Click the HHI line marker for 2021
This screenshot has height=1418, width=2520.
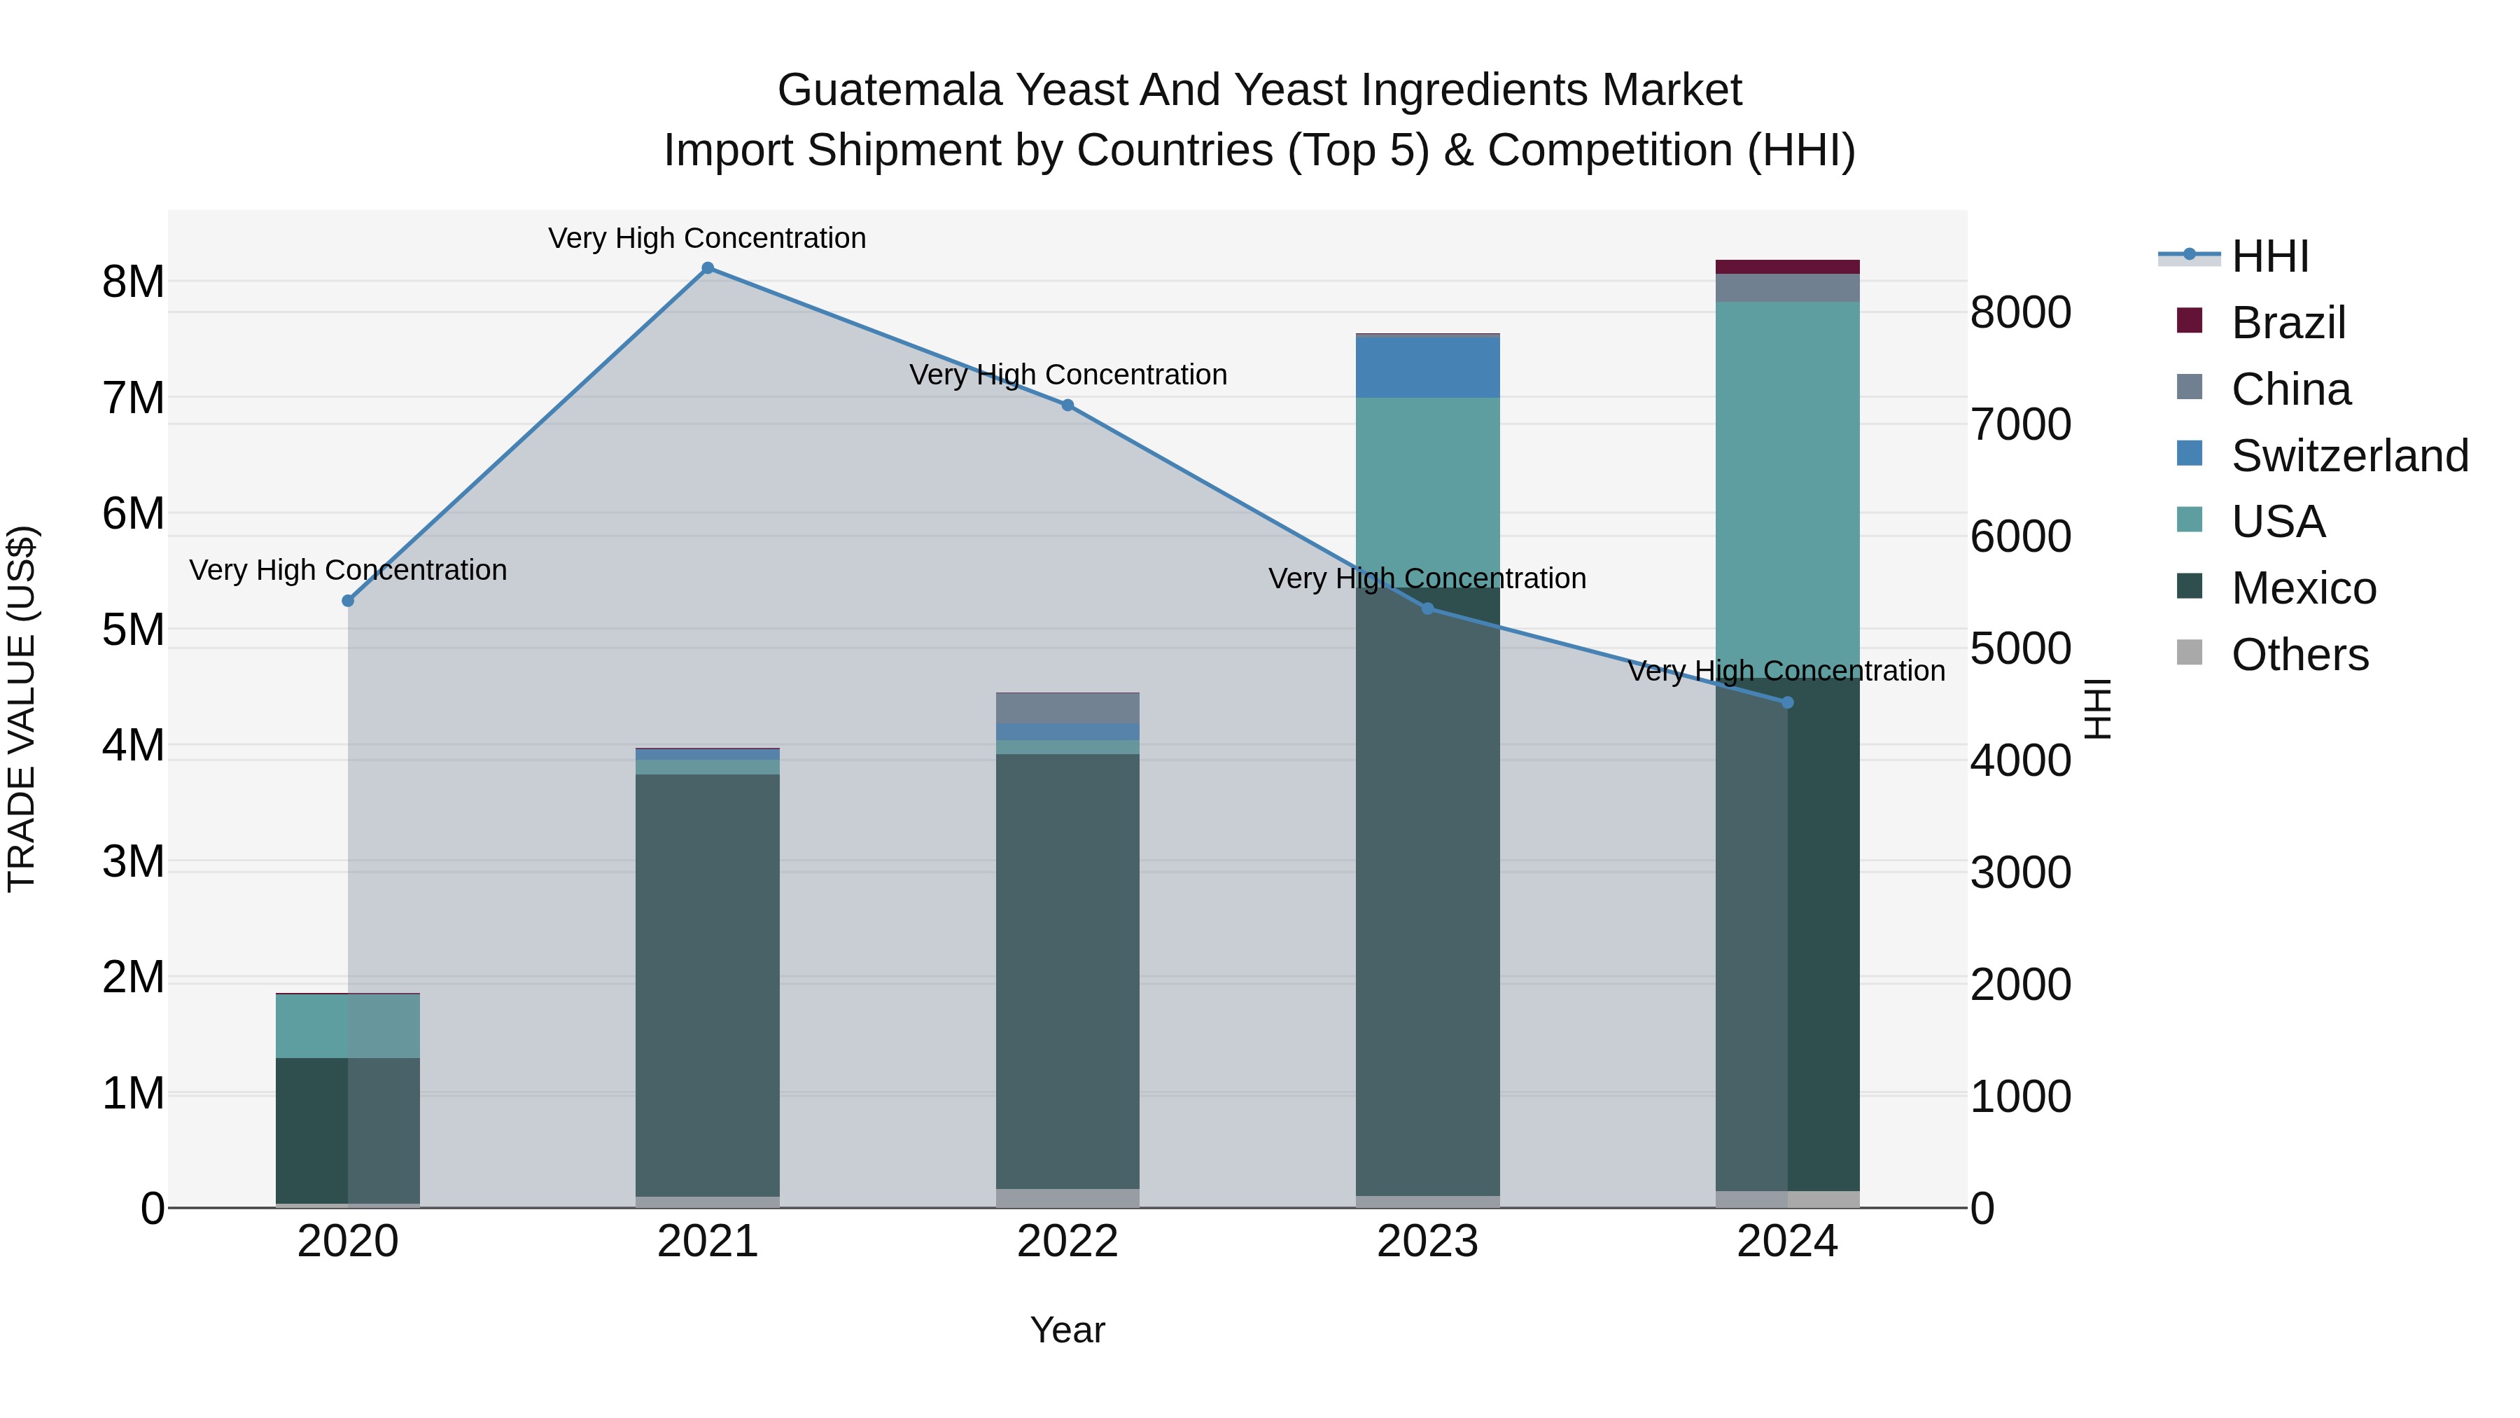(707, 268)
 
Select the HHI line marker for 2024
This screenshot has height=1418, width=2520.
(1787, 702)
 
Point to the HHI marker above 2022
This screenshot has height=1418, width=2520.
(1067, 405)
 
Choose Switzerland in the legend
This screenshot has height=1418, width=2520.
(2348, 456)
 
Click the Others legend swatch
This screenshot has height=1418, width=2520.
(2190, 654)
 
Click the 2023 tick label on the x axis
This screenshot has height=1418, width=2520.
(1427, 1242)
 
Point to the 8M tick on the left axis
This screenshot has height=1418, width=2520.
(133, 281)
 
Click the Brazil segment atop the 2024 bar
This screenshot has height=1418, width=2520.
(1787, 267)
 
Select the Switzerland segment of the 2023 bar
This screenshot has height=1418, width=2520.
(1427, 367)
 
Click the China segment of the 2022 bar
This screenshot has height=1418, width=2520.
(1067, 707)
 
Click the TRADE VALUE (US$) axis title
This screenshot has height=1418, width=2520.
(22, 709)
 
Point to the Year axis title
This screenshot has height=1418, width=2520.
(1067, 1330)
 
